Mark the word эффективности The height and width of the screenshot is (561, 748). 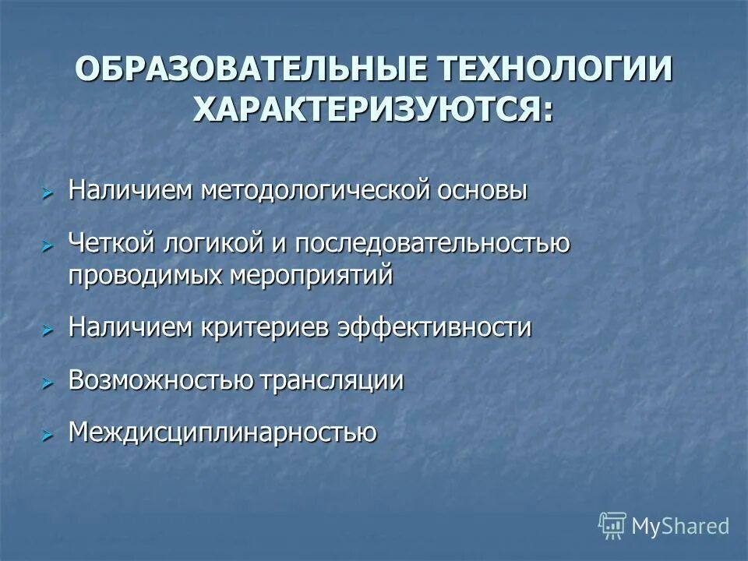tap(435, 328)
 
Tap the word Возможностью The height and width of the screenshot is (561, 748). tap(160, 380)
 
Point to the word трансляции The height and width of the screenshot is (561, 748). tap(332, 380)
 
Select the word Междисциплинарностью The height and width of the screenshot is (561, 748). tap(223, 432)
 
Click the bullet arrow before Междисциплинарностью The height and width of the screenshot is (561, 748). tap(47, 433)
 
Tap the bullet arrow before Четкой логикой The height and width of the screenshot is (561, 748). tap(47, 245)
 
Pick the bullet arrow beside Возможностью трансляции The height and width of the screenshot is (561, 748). tap(47, 382)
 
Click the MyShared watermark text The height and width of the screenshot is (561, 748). tap(680, 526)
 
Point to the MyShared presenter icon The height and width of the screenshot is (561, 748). tap(612, 526)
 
